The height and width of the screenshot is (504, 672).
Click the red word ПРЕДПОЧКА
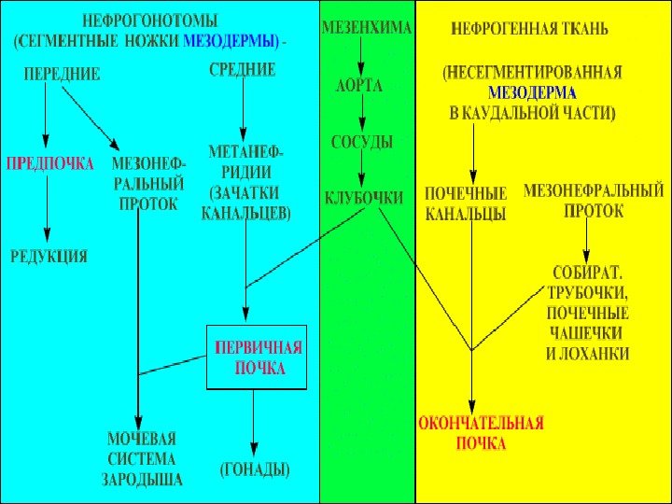point(50,163)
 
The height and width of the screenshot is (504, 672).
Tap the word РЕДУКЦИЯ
point(49,255)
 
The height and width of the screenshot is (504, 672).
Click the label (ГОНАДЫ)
point(255,468)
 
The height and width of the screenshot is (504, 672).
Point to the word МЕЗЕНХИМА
point(366,28)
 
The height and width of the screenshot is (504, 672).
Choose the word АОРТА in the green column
point(359,85)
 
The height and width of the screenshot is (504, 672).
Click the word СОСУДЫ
point(362,142)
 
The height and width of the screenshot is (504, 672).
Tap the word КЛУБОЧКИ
point(364,198)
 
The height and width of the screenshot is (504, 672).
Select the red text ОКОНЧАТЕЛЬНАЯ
point(481,424)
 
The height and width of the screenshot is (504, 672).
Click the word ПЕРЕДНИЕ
point(62,74)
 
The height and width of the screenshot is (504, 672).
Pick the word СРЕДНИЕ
point(242,68)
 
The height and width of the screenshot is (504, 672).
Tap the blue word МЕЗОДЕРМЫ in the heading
point(230,41)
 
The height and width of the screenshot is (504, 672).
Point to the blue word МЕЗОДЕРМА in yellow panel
point(533,93)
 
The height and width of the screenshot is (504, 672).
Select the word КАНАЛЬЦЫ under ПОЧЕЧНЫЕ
point(465,214)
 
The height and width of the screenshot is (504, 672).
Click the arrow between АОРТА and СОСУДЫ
point(362,113)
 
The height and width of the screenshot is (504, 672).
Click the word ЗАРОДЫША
point(142,479)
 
